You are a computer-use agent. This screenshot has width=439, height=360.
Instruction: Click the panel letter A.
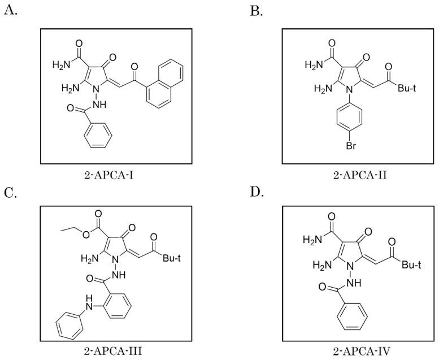click(x=9, y=10)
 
